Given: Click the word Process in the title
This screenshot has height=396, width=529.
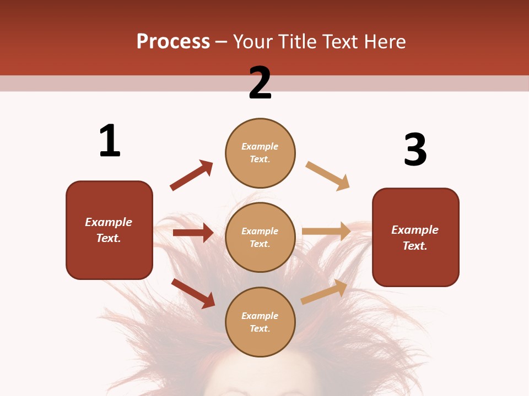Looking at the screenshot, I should (173, 42).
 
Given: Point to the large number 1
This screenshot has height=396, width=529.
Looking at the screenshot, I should (110, 141).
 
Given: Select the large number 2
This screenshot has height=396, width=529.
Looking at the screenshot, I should (260, 83).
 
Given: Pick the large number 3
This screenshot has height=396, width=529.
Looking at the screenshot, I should (415, 150).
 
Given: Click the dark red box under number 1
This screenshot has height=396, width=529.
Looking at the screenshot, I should (109, 230).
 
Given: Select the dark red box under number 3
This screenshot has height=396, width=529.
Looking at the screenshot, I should (415, 237).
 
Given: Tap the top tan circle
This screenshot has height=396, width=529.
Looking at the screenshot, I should (260, 153).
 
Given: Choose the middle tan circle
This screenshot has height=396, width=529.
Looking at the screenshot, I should (260, 237).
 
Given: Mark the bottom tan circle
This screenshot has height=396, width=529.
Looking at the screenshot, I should (260, 322).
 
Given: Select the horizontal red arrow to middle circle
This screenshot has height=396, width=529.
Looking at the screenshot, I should (193, 233).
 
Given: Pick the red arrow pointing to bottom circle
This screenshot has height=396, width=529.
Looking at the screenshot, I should (193, 293).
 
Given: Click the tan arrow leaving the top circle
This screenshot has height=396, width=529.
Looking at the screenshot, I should (328, 176).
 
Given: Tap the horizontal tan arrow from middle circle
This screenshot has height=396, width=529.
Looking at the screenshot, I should (326, 232).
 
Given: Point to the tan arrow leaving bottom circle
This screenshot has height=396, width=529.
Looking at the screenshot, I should (325, 291).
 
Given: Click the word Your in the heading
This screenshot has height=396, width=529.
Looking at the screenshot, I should (254, 42).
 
